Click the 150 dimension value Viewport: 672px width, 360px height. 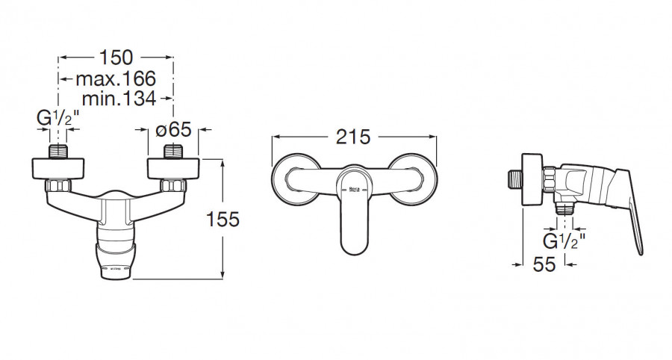(116, 57)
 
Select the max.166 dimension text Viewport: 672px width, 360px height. (116, 79)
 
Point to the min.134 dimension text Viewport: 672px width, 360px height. (119, 99)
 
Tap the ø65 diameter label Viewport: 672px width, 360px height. (173, 129)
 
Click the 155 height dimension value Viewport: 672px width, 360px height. (223, 220)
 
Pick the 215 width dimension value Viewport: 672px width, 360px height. (353, 137)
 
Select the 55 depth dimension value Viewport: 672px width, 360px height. (544, 264)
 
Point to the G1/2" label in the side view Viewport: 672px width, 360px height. (564, 241)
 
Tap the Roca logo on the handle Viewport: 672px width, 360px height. (355, 189)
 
